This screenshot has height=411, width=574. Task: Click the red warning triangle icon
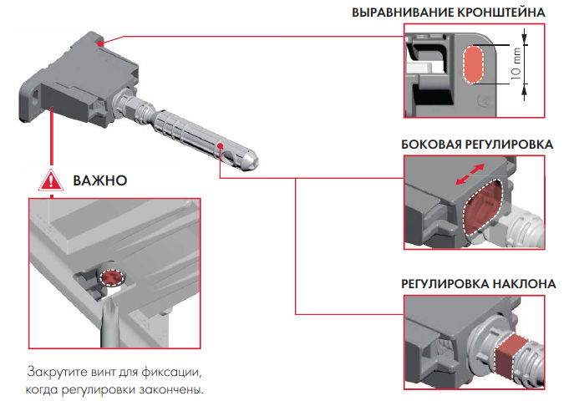click(x=52, y=180)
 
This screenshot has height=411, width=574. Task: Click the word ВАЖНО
click(x=99, y=180)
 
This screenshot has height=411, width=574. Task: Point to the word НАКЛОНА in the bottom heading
click(x=524, y=284)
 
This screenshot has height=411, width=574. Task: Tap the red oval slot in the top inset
click(x=474, y=64)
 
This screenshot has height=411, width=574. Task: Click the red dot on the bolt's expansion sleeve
click(x=220, y=145)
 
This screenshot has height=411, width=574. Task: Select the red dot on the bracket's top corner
click(x=100, y=40)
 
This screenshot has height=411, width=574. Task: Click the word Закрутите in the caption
click(x=55, y=370)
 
